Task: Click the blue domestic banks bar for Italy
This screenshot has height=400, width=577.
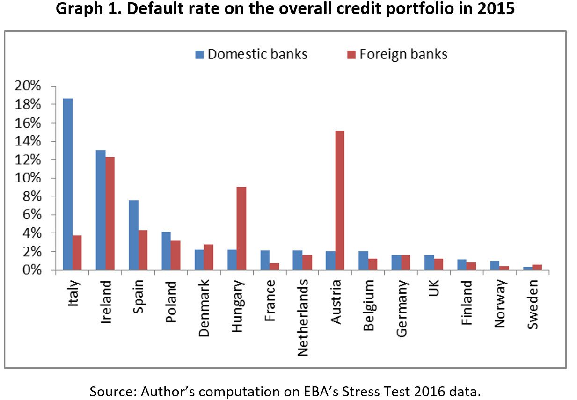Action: (x=68, y=184)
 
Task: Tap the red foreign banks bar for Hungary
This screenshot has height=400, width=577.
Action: (x=241, y=228)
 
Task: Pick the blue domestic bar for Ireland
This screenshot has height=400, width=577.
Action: (x=100, y=210)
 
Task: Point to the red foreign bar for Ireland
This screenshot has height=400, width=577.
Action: (x=110, y=213)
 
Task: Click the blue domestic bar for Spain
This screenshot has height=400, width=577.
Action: (x=133, y=235)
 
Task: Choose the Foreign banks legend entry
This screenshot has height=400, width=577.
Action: (x=397, y=54)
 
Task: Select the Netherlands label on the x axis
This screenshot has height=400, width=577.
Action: (x=303, y=318)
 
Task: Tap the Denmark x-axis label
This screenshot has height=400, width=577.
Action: (x=204, y=309)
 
